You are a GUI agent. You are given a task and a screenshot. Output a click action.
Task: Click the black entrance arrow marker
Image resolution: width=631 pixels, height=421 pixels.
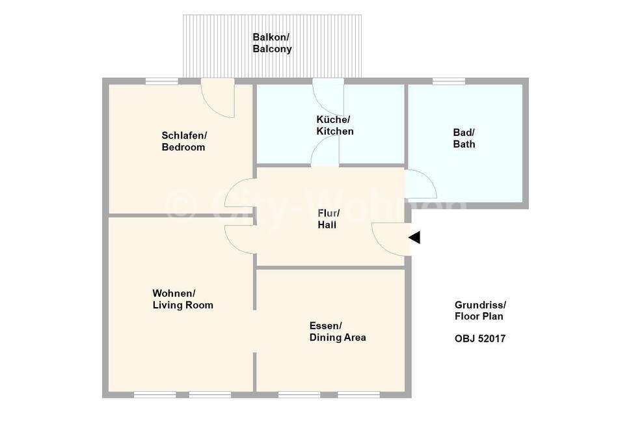[415, 238]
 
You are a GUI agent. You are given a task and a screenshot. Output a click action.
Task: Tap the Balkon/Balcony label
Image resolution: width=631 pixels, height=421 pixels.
[272, 43]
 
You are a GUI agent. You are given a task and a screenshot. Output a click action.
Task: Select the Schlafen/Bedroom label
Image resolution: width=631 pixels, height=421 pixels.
[183, 141]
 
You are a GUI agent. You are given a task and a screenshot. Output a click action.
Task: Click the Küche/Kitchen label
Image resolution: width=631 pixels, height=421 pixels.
[335, 125]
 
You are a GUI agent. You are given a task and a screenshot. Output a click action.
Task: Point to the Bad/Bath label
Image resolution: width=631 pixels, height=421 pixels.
[464, 138]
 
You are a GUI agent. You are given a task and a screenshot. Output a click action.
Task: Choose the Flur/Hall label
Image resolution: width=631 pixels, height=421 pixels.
[329, 219]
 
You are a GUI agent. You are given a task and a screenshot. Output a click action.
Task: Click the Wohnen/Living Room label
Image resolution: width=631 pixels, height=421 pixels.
[183, 299]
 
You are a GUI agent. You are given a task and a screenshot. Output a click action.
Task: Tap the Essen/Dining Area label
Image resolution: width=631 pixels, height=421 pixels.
[338, 332]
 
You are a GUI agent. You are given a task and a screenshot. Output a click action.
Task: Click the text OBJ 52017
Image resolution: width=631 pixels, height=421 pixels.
[479, 338]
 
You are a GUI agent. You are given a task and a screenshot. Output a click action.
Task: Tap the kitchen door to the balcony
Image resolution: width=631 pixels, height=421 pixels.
[328, 96]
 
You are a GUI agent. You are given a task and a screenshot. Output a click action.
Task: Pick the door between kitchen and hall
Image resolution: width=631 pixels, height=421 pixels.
[325, 150]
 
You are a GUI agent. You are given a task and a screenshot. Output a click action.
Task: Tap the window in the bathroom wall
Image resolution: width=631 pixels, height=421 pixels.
[449, 81]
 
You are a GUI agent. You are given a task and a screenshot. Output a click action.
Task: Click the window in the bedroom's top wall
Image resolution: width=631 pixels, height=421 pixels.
[162, 81]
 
